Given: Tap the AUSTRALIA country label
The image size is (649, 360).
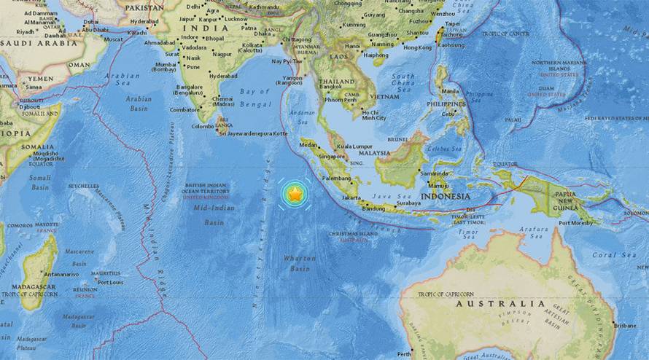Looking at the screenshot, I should (500, 303).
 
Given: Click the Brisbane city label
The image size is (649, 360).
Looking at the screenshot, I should (626, 325).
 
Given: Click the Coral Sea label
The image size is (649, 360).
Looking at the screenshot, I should (614, 255).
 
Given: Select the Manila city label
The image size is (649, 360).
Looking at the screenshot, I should (450, 91).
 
